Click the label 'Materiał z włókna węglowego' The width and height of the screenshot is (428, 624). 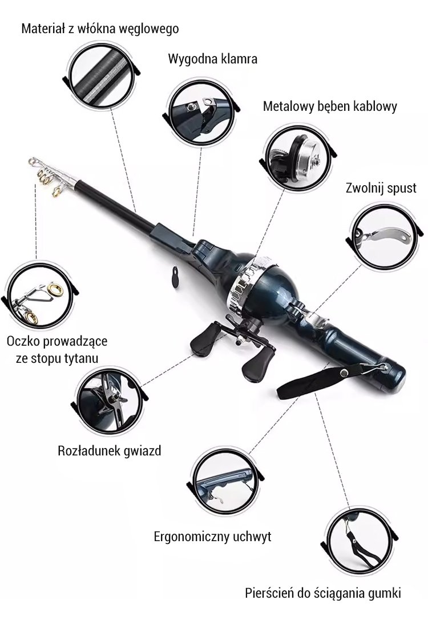point(100,28)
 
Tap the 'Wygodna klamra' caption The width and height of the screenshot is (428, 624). point(212,59)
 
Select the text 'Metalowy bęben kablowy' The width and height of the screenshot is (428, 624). point(330,106)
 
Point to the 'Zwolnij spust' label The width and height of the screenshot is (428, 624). point(381,188)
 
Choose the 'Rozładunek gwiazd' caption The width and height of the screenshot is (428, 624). point(110,450)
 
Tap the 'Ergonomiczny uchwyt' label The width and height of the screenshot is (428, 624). point(212,537)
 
